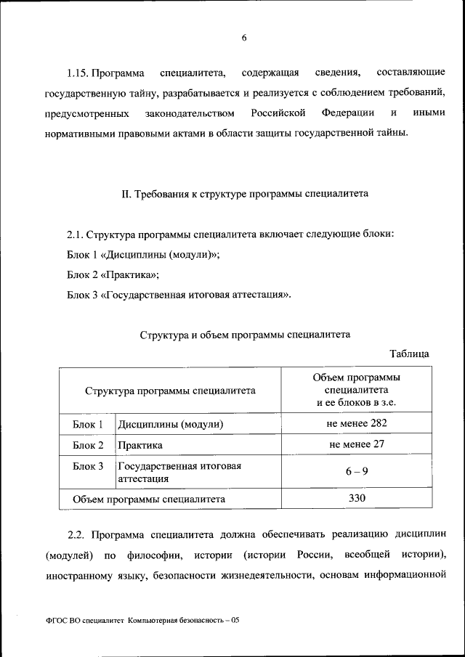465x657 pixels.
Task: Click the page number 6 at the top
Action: tap(244, 38)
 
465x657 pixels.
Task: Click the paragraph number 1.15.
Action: tap(78, 73)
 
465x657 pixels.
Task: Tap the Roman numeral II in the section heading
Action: tap(124, 194)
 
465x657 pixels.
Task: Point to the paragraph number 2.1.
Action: tap(75, 234)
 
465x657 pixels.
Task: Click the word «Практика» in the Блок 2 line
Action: tap(132, 274)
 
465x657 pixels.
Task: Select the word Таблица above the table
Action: tap(409, 354)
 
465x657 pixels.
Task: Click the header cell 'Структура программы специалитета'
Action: tap(170, 391)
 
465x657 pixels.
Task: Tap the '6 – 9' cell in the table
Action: tap(356, 471)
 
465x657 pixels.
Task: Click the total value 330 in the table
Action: tap(356, 499)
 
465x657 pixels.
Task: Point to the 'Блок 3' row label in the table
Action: tap(89, 466)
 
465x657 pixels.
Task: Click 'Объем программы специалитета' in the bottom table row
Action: tap(149, 499)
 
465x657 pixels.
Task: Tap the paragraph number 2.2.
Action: tap(77, 534)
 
